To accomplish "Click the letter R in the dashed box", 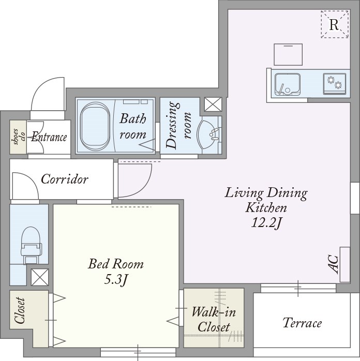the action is tap(334, 24).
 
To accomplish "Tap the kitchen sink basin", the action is tap(288, 84).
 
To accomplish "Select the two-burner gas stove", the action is tap(335, 84).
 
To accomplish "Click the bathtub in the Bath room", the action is tap(95, 126).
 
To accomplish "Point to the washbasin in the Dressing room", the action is tap(209, 134).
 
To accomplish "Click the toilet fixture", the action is tap(31, 245).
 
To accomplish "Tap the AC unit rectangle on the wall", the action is tap(345, 264).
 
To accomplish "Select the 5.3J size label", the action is tap(116, 279).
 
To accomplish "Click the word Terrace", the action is tap(302, 323).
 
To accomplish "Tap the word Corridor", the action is tap(65, 179).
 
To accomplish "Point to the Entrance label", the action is tap(49, 137).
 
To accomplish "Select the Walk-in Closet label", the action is tap(214, 320).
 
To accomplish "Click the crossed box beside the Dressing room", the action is tap(213, 104).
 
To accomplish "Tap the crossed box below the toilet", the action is tap(40, 277).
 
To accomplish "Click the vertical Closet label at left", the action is tap(20, 310).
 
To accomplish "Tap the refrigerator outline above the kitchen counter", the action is tap(288, 55).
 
